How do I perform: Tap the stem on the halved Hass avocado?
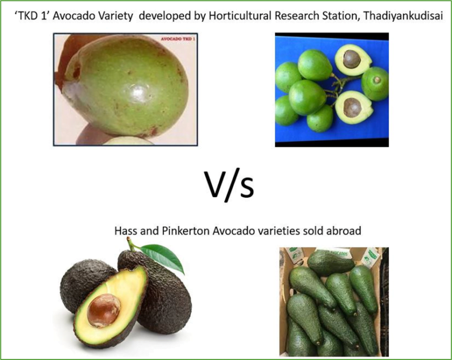[132, 245]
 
